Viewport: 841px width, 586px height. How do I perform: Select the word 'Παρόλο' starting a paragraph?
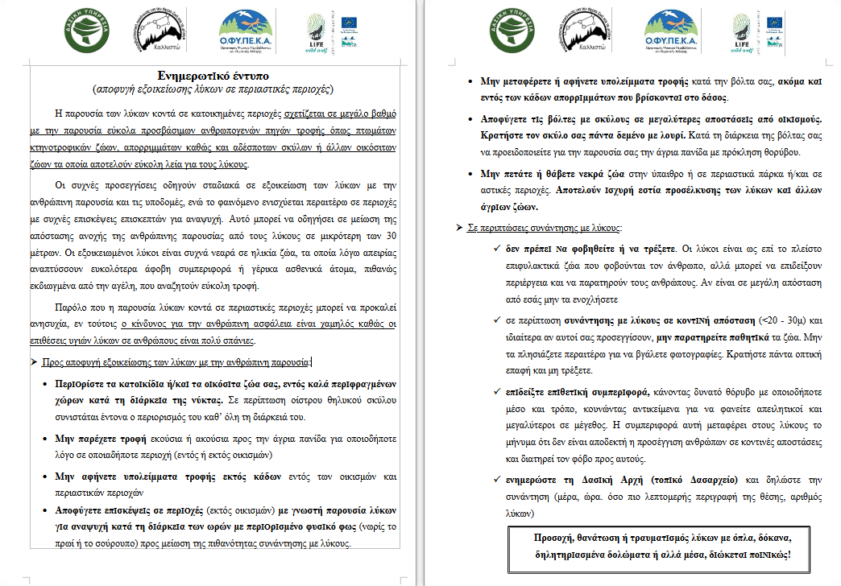click(x=71, y=307)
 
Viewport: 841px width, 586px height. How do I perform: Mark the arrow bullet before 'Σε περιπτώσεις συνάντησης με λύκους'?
click(x=459, y=229)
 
